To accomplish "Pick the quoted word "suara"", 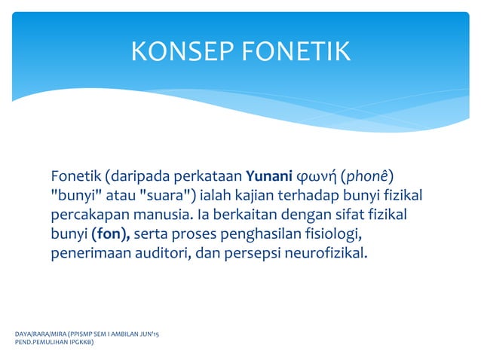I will pos(167,197).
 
